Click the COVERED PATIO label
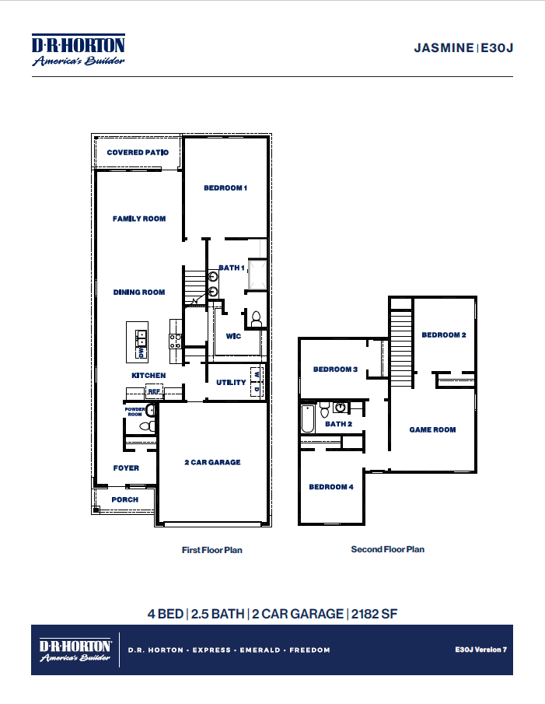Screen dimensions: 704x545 pyautogui.click(x=138, y=152)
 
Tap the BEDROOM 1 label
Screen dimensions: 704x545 pyautogui.click(x=225, y=187)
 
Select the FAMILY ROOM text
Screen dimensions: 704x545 pyautogui.click(x=139, y=219)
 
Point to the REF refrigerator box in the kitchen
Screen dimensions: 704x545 pyautogui.click(x=154, y=391)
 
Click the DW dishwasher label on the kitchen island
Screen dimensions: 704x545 pyautogui.click(x=141, y=352)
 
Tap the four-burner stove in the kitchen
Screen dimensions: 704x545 pyautogui.click(x=176, y=340)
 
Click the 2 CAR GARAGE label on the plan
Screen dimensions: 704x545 pyautogui.click(x=212, y=462)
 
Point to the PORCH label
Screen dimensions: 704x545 pyautogui.click(x=125, y=499)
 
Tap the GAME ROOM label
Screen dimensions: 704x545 pyautogui.click(x=432, y=429)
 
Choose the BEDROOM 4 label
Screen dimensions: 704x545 pyautogui.click(x=331, y=487)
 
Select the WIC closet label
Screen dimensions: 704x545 pyautogui.click(x=232, y=336)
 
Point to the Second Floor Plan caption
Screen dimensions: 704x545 pyautogui.click(x=387, y=549)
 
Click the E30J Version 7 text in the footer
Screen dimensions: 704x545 pyautogui.click(x=480, y=649)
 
